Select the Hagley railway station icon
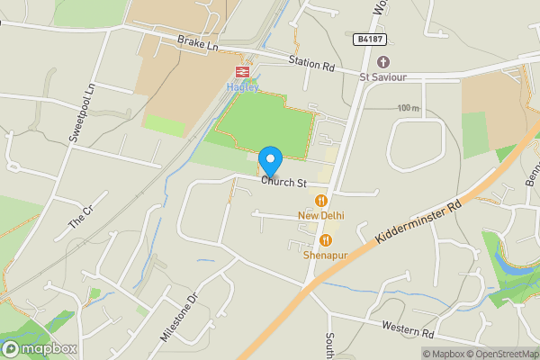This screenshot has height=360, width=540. point(242,71)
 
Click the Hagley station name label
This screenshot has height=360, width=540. point(242,86)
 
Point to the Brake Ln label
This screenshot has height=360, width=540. point(198,42)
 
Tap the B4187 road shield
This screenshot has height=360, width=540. point(365,40)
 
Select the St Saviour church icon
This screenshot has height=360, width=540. point(383,61)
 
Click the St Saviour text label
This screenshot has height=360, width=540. point(383,77)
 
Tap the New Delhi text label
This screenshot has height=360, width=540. point(321,215)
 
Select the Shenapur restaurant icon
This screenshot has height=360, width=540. point(325,240)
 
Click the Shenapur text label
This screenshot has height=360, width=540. point(325,256)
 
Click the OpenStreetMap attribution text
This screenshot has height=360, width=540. point(500,354)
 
